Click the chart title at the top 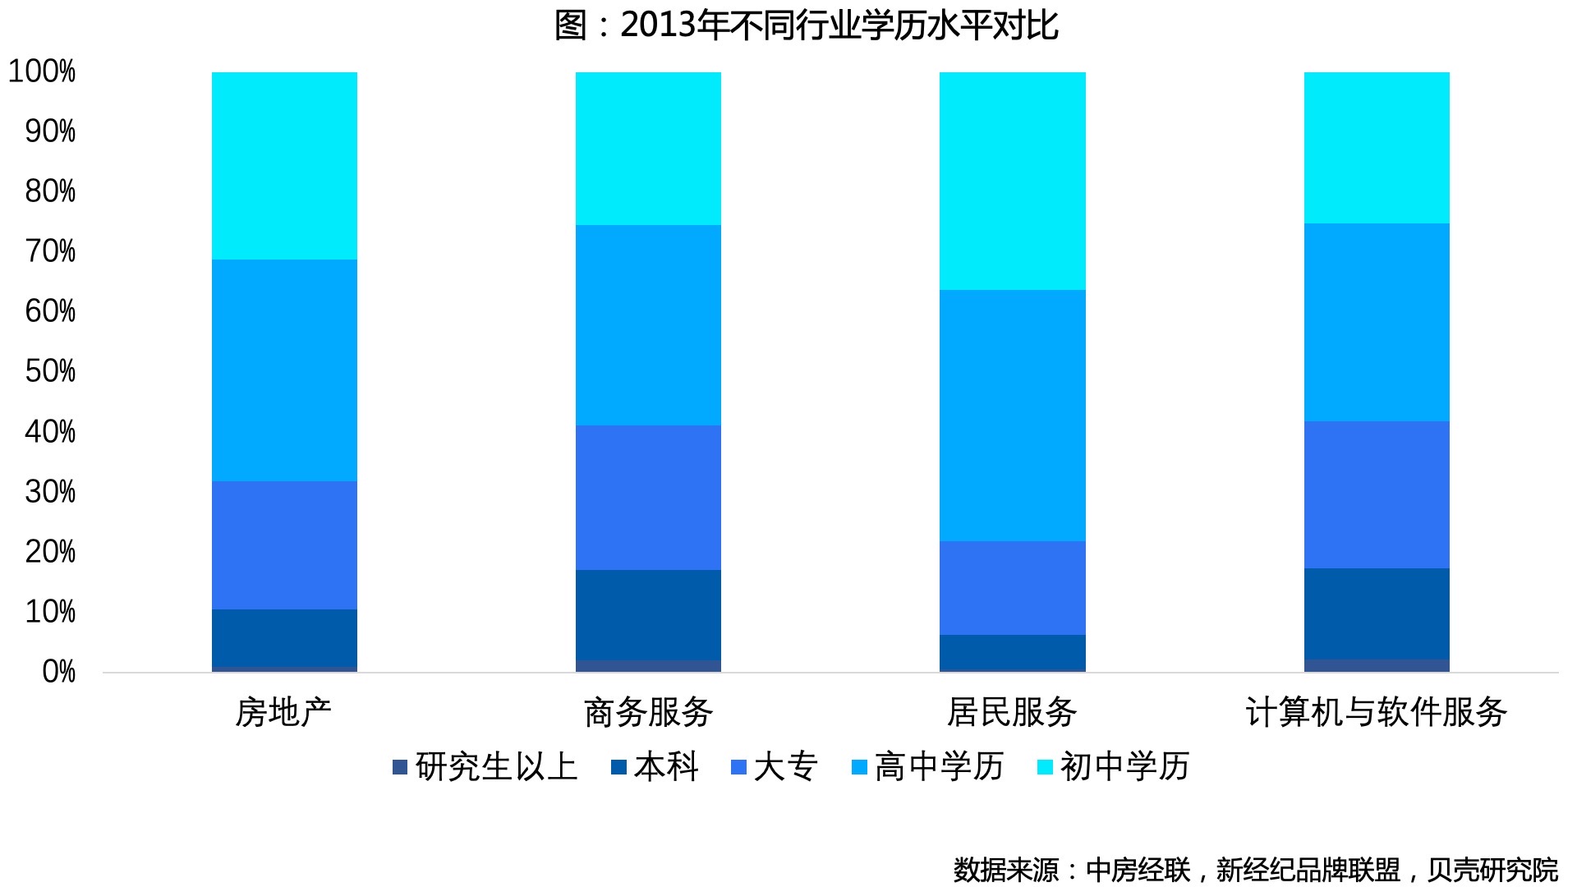806,25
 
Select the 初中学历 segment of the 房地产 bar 284,166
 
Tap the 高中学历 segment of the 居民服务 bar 1012,416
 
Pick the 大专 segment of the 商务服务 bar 648,498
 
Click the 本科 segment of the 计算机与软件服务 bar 1377,614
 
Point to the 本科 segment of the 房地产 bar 284,638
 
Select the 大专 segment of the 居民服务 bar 1012,588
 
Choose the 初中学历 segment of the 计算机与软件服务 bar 1377,148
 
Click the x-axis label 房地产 283,712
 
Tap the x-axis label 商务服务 648,712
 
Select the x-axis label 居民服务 1012,712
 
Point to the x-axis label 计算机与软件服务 1377,712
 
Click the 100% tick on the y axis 42,71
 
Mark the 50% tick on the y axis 50,371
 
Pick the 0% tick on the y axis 58,672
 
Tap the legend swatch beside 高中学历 859,768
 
